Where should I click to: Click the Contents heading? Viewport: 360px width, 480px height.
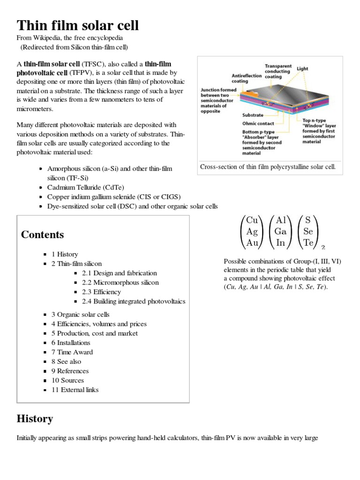tap(43, 235)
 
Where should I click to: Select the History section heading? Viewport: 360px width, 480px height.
tap(35, 419)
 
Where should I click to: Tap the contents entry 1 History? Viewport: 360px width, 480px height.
tap(65, 254)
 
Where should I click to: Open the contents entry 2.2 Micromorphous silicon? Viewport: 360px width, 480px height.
tap(120, 282)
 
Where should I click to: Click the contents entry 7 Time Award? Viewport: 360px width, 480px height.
tap(72, 352)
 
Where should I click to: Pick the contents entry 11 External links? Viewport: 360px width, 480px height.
tap(75, 390)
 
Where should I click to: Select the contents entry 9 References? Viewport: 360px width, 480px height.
tap(70, 371)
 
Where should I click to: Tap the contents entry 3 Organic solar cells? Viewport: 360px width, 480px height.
tap(80, 315)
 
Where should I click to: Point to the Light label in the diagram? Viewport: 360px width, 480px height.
tap(302, 68)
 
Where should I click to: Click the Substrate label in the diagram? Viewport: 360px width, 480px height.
tap(253, 115)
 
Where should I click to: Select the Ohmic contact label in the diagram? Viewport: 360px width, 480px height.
tap(258, 123)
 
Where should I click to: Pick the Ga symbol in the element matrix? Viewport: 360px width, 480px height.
tap(281, 231)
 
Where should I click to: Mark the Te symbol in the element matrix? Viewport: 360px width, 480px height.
tap(308, 242)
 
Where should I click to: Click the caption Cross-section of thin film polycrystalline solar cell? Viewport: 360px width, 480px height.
tap(268, 167)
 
